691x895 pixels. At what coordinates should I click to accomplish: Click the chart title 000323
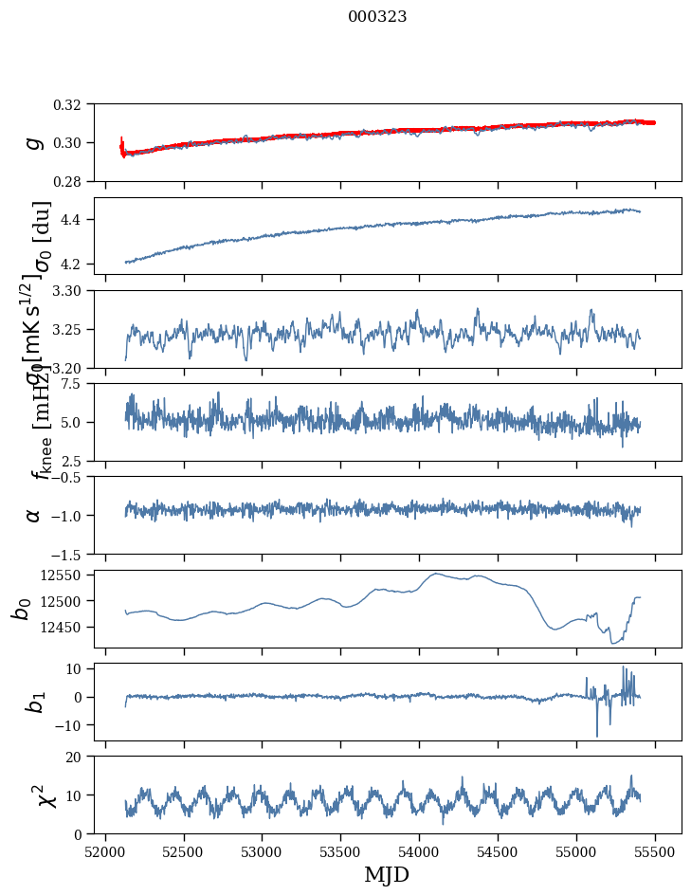click(x=377, y=17)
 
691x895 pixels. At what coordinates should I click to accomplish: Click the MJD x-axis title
click(x=387, y=875)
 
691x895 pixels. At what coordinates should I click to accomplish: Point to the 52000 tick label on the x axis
click(x=105, y=850)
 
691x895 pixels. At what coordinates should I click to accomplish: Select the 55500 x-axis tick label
click(x=655, y=850)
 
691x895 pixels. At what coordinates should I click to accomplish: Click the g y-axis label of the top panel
click(x=34, y=142)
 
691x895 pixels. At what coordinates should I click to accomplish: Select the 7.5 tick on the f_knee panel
click(x=77, y=384)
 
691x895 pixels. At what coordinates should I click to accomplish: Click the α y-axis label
click(x=34, y=515)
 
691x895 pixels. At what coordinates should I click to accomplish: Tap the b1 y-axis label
click(x=34, y=702)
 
